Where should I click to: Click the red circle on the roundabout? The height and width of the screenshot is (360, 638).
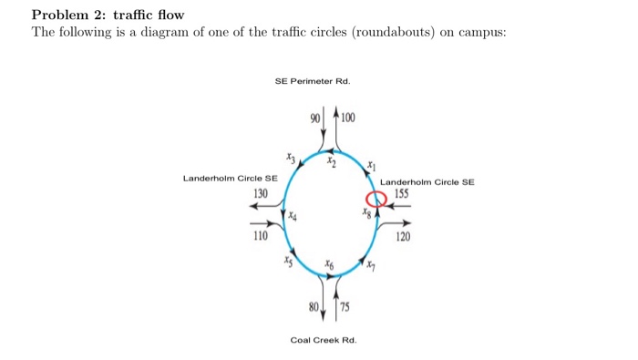pos(376,201)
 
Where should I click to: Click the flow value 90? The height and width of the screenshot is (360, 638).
pos(315,118)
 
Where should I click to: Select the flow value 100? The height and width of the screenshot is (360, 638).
pos(349,118)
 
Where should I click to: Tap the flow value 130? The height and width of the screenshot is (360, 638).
pos(261,193)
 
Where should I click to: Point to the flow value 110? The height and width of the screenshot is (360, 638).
pos(261,236)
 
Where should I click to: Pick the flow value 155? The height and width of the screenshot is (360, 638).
pos(402,194)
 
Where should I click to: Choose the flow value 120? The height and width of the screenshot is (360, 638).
pos(403,236)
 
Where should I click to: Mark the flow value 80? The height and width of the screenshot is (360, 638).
pos(314,306)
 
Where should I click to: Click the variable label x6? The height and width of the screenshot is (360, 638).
pos(330,262)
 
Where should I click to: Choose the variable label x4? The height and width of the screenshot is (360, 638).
pos(293,217)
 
